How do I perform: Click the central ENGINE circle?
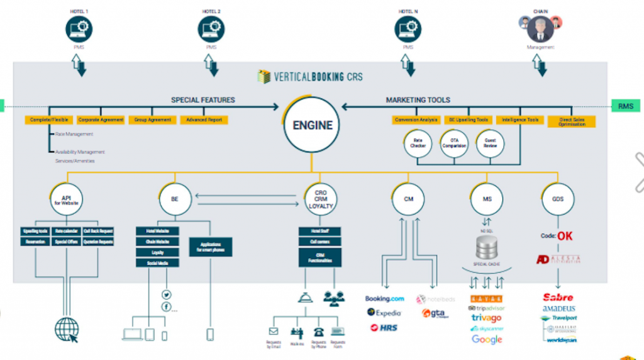312,125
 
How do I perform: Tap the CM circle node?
408,200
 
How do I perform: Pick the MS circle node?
487,200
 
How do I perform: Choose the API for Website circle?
67,200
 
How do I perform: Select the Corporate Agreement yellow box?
101,120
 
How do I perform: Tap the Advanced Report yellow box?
203,120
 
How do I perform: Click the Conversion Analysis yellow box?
415,120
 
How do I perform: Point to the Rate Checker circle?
418,143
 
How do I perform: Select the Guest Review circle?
490,143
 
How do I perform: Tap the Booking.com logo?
384,298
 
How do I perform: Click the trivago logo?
487,318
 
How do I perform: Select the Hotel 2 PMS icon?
211,29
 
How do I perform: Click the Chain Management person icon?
540,29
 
